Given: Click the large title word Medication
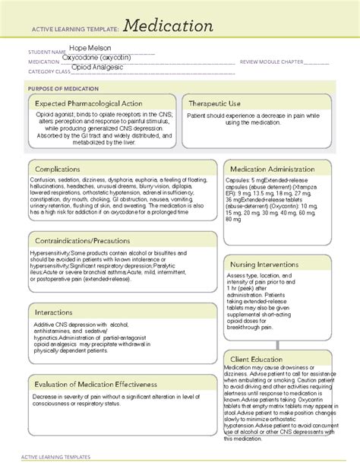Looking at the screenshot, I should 165,27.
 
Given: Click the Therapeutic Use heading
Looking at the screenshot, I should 220,103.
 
